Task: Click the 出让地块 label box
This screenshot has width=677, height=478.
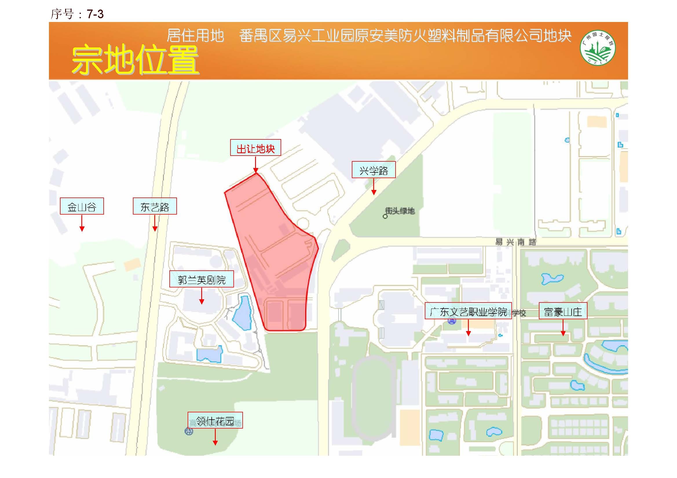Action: [x=255, y=147]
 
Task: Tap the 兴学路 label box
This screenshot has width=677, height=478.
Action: [x=373, y=170]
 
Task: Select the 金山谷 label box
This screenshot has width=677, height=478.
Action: [x=82, y=206]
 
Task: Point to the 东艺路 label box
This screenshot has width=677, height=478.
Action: [x=155, y=206]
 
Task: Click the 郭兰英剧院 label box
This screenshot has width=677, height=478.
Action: [x=201, y=279]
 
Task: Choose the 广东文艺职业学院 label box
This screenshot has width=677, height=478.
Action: [x=468, y=311]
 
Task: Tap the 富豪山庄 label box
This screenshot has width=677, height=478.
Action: [x=563, y=311]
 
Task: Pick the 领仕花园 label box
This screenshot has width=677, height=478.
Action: [x=215, y=420]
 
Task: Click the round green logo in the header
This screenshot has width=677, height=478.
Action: [x=597, y=48]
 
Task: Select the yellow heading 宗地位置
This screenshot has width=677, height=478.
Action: [x=135, y=60]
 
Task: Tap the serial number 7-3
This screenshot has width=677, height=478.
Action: [x=95, y=14]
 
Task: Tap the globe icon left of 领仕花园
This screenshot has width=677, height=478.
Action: [x=189, y=431]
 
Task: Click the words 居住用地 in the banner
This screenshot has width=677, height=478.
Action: [x=195, y=36]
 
